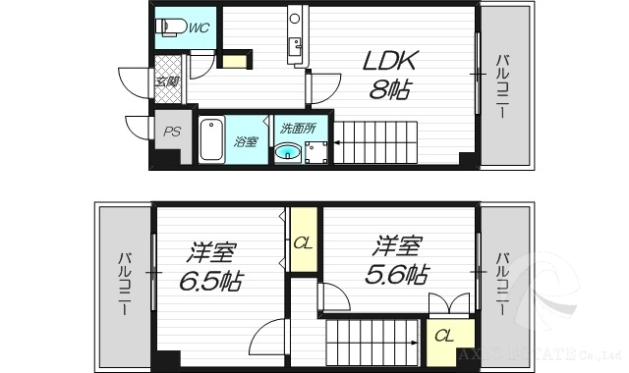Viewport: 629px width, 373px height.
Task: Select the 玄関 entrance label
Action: [166, 81]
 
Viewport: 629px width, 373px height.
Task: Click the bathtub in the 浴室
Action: [211, 139]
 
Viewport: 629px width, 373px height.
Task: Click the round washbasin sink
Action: [289, 152]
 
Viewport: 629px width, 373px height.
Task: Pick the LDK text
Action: [391, 61]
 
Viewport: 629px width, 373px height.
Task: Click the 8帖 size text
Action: [391, 90]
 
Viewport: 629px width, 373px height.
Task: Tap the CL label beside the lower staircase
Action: [443, 337]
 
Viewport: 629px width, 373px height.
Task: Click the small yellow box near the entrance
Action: [234, 61]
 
